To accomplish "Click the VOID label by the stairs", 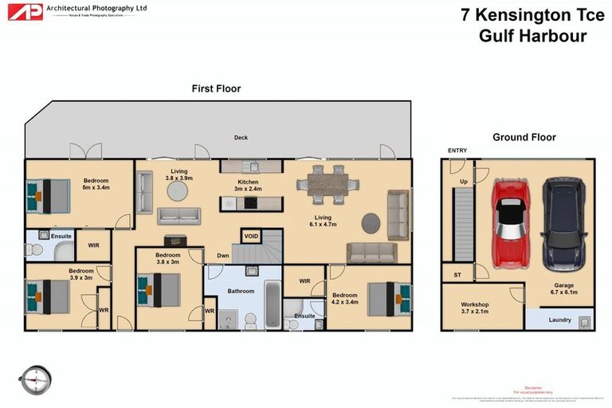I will pos(252,237).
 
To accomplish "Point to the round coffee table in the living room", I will pos(371,222).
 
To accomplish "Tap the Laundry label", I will pos(560,320).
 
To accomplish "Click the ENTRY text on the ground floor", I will pos(457,151).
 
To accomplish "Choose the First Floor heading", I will pos(216,88).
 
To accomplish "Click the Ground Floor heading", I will pos(524,137).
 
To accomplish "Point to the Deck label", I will pos(241,138).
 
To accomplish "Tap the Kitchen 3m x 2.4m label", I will pos(248,186).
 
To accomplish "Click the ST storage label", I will pos(457,275).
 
